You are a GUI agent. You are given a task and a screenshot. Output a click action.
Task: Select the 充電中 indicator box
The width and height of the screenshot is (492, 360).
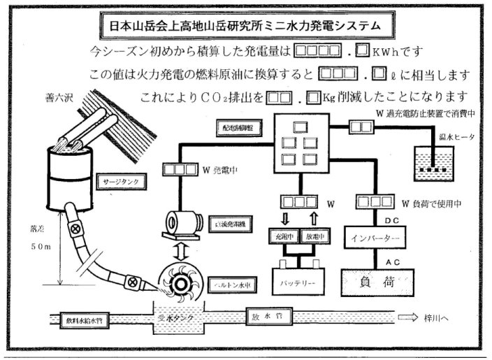pyautogui.click(x=284, y=236)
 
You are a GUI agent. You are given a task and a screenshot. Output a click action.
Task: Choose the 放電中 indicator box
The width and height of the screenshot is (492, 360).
pyautogui.click(x=317, y=236)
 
